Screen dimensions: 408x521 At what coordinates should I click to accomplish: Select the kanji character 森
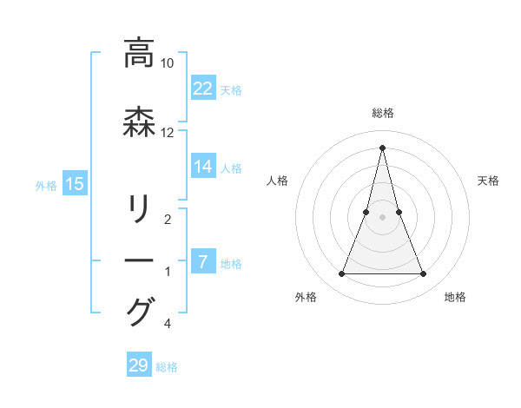(139, 123)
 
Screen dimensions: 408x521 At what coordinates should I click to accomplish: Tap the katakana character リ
(139, 210)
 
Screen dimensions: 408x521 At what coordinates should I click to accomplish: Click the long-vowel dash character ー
(139, 260)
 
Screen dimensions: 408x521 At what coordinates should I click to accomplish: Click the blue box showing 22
(203, 88)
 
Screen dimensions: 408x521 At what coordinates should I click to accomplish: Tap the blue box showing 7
(201, 261)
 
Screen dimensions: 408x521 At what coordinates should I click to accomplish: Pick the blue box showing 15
(75, 183)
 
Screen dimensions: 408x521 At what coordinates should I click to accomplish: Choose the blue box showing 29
(139, 365)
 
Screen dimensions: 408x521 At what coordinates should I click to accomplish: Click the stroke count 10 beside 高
(168, 63)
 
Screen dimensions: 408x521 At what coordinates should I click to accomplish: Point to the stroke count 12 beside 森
(168, 133)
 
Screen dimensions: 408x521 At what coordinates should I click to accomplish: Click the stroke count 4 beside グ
(167, 325)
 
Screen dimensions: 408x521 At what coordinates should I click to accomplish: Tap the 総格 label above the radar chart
(383, 113)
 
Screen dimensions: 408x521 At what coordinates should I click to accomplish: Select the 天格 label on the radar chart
(488, 181)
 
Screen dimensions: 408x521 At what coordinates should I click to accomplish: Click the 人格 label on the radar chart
(278, 181)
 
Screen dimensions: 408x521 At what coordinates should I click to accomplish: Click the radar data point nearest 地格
(424, 274)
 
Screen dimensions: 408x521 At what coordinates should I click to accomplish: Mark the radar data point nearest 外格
(341, 274)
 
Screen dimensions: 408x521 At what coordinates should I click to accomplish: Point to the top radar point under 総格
(383, 147)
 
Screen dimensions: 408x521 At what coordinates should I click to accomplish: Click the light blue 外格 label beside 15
(46, 185)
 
